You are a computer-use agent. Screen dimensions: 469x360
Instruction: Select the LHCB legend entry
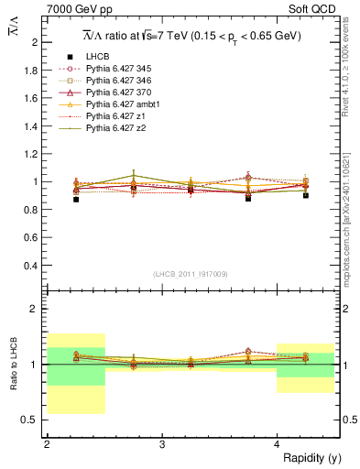tap(97, 57)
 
